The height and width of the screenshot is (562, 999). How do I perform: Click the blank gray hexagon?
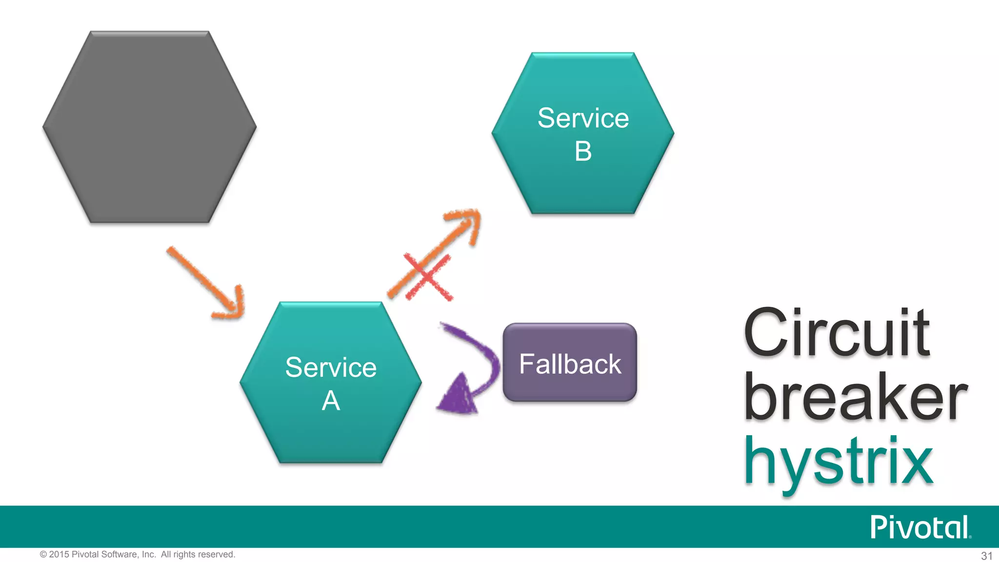click(x=149, y=127)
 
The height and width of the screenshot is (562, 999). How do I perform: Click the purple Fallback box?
click(x=570, y=385)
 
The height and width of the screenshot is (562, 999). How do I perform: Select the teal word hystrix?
click(x=838, y=461)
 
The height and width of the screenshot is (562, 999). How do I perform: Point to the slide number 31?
click(x=986, y=556)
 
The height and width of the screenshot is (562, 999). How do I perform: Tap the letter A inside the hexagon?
click(x=331, y=401)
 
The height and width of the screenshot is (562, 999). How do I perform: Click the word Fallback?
click(x=570, y=364)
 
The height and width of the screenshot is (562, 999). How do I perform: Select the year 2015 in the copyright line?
click(x=59, y=554)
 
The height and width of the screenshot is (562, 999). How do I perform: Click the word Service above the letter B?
click(x=583, y=118)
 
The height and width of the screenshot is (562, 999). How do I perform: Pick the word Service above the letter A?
click(x=331, y=367)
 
